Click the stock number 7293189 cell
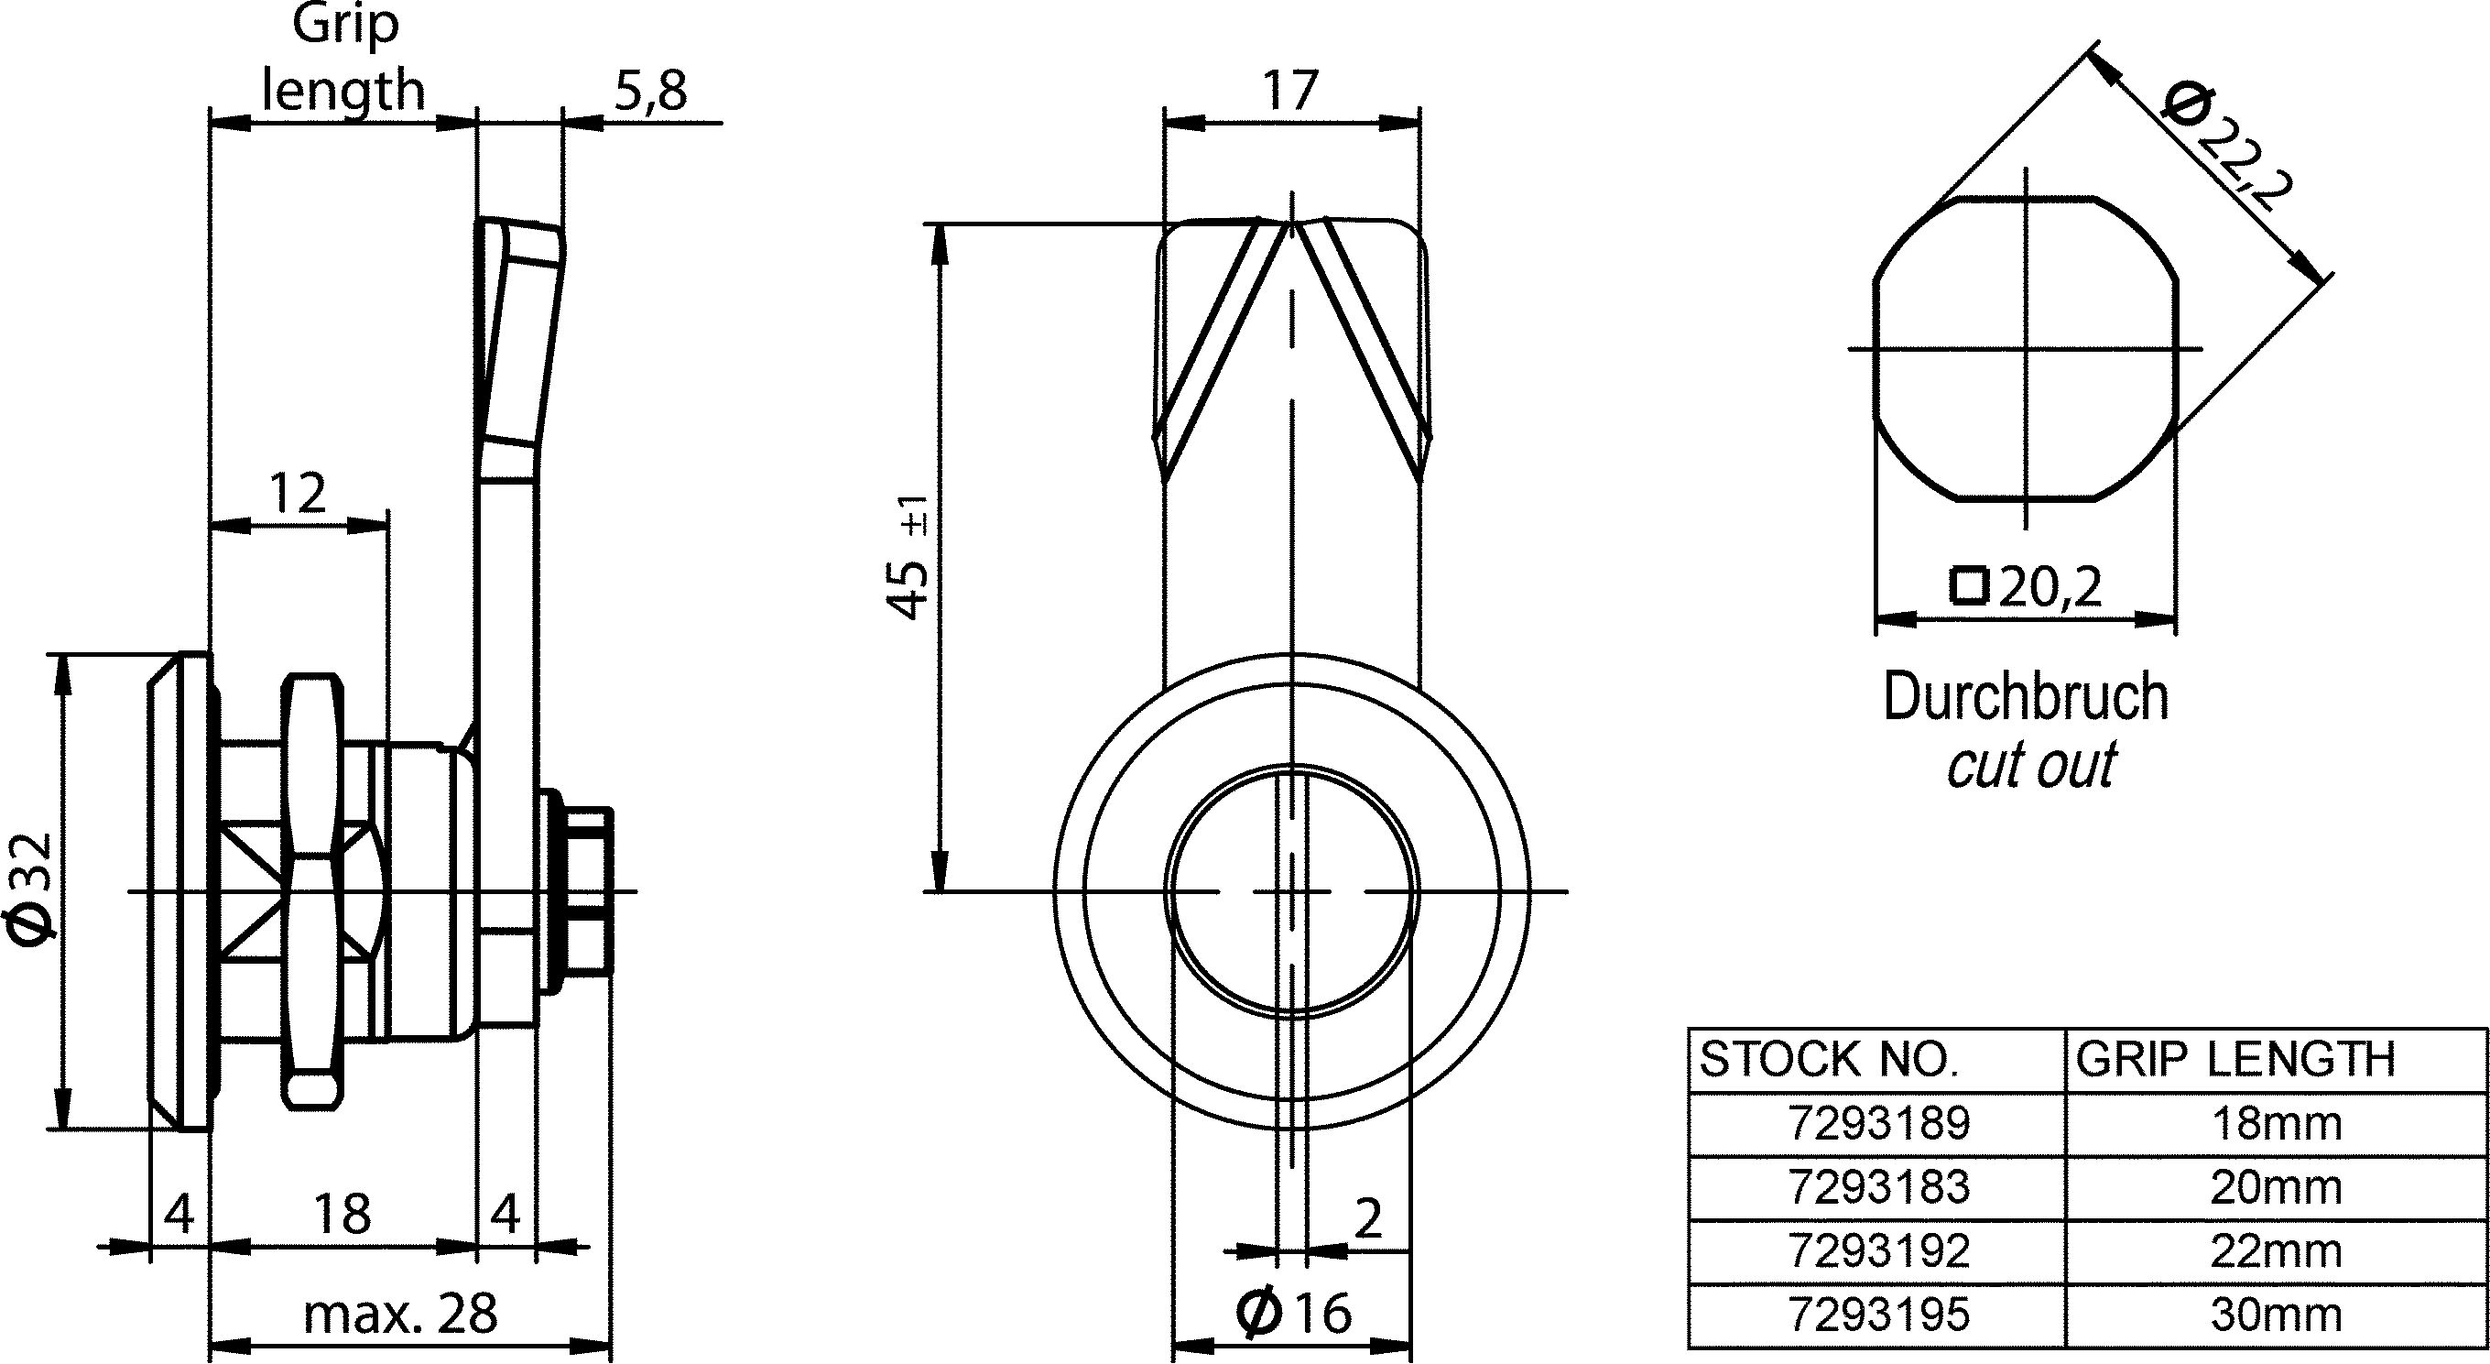point(1878,1125)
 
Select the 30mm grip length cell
point(2276,1315)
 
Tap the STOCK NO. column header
point(1878,1062)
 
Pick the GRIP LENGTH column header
point(2276,1062)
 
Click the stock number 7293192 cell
point(1878,1253)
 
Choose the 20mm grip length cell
point(2276,1189)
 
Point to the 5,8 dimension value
point(649,92)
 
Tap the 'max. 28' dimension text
point(400,1315)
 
